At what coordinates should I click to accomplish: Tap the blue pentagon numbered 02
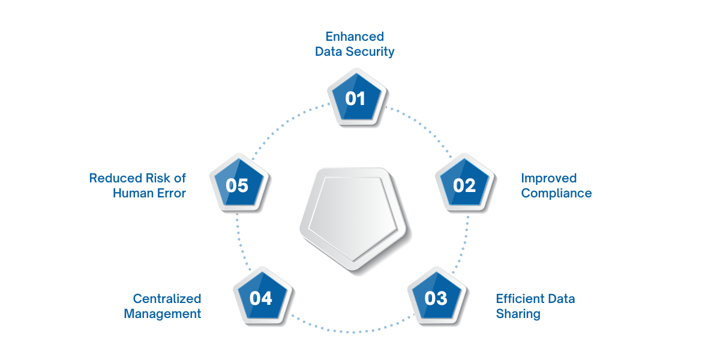click(x=464, y=184)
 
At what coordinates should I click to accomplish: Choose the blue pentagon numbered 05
click(x=237, y=185)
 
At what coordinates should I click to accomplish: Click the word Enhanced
click(x=355, y=37)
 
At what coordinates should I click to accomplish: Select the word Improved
click(x=548, y=178)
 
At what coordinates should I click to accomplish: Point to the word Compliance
click(x=556, y=193)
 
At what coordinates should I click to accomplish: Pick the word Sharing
click(x=518, y=314)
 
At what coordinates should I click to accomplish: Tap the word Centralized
click(x=167, y=299)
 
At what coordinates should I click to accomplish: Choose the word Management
click(x=163, y=314)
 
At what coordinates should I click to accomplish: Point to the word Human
click(x=133, y=193)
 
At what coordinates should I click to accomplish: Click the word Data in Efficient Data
click(x=560, y=299)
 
